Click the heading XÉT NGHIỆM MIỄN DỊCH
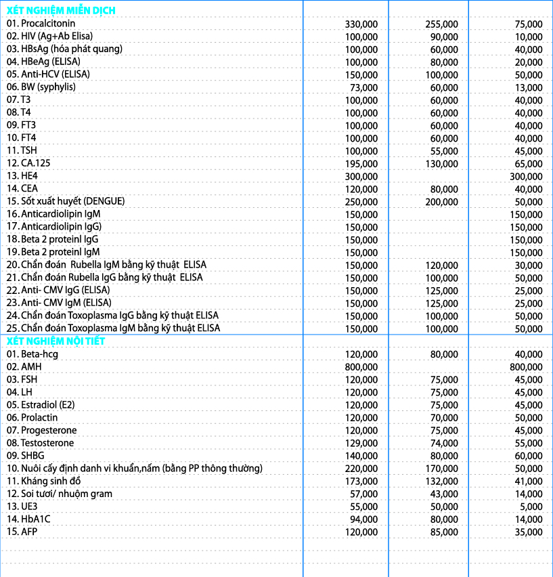[61, 10]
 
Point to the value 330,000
[361, 23]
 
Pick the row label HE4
[20, 175]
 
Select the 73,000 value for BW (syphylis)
[364, 87]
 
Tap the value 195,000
[361, 163]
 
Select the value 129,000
[361, 443]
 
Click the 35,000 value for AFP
[529, 532]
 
